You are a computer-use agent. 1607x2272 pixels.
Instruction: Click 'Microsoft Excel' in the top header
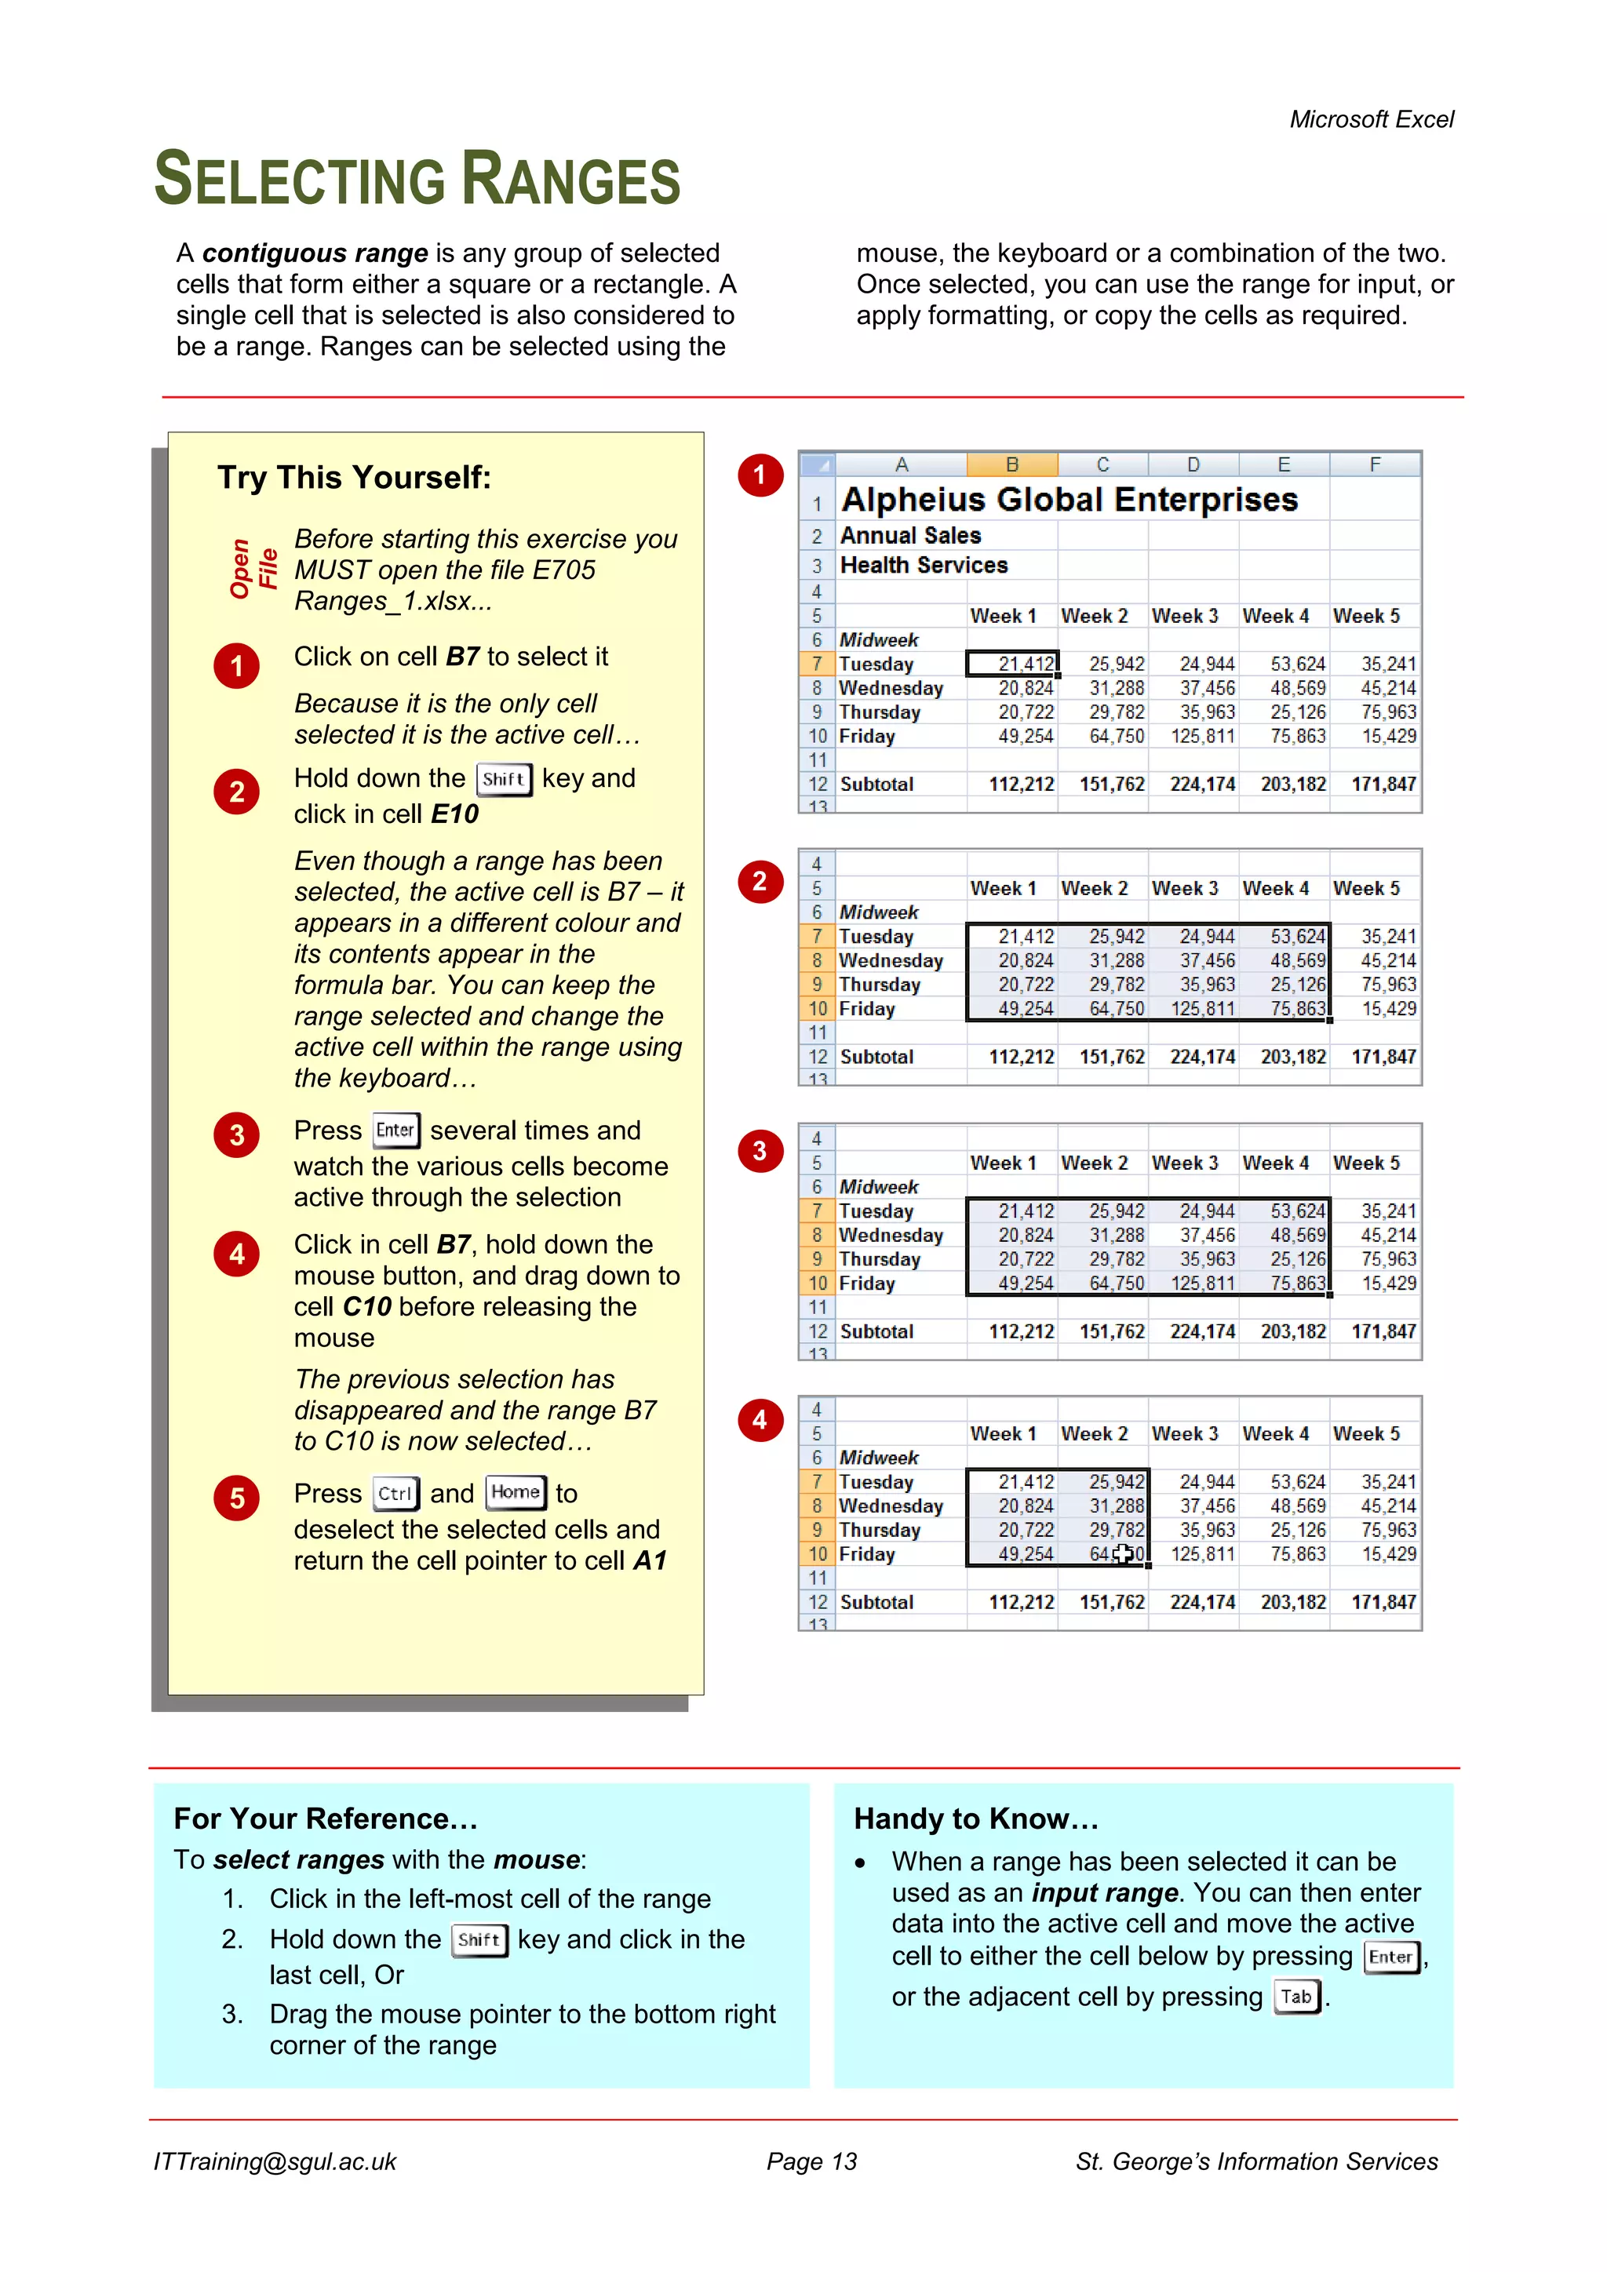(1371, 120)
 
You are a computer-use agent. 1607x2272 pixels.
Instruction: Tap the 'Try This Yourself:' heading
(354, 478)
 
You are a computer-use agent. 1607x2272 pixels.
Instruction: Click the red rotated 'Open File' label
(253, 569)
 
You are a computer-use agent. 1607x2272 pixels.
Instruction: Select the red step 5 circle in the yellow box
(236, 1498)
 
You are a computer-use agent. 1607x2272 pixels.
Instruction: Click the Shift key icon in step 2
(504, 779)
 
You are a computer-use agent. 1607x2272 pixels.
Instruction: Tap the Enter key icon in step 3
(395, 1130)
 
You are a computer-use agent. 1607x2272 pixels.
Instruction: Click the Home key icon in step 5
(516, 1492)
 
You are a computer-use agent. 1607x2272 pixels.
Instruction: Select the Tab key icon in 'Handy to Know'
(1296, 1997)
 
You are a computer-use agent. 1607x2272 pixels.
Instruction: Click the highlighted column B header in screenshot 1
(1011, 465)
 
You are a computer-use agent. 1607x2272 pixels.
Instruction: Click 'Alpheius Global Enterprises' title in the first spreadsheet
(1069, 500)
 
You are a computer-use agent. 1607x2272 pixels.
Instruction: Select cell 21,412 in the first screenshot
(1013, 664)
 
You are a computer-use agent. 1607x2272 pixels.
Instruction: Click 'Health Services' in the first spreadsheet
(924, 566)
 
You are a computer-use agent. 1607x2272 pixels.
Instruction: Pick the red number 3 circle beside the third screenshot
(759, 1151)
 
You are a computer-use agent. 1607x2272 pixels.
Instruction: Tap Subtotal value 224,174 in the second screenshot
(1202, 1057)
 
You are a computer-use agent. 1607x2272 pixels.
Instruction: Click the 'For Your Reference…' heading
(326, 1819)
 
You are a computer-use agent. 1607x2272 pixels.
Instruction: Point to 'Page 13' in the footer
(811, 2162)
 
